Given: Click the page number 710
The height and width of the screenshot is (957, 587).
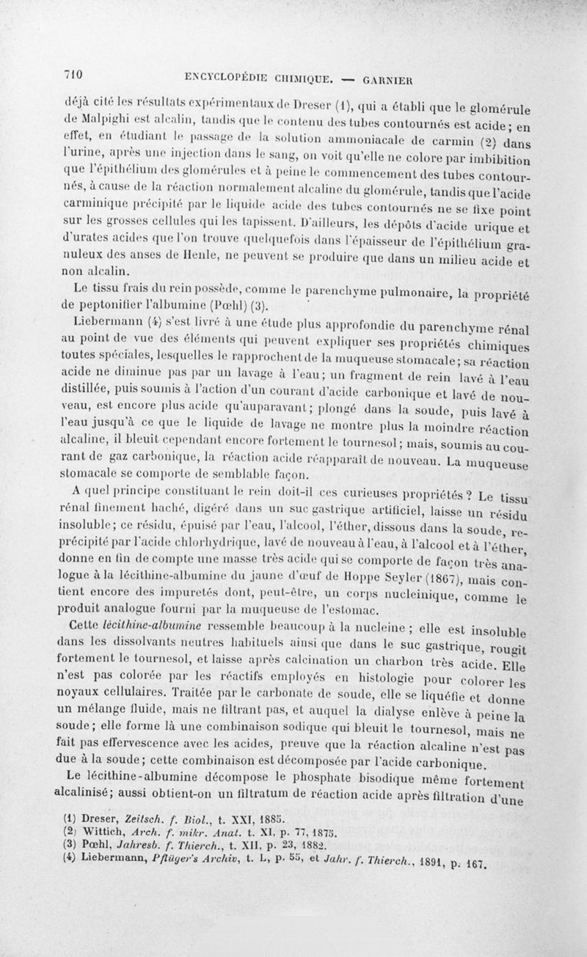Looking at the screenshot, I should click(x=70, y=73).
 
